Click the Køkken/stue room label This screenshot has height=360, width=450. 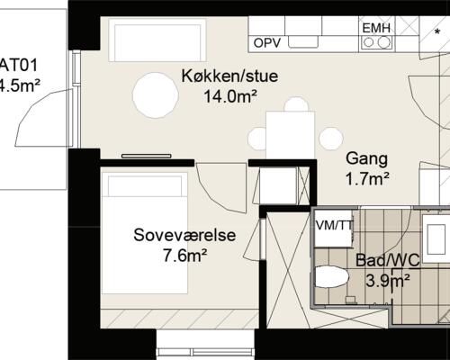229,76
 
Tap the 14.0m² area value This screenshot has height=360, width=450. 229,94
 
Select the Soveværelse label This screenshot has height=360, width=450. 184,236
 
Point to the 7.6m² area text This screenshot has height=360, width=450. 184,255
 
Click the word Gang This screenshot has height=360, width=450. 366,159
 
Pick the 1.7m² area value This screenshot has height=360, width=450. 367,178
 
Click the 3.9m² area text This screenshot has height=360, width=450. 388,280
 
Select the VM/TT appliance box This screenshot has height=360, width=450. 332,225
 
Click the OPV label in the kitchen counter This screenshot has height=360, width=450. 267,42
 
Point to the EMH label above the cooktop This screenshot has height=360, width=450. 376,28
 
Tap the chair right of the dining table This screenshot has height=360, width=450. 330,138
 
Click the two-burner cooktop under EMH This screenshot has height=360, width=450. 376,41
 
